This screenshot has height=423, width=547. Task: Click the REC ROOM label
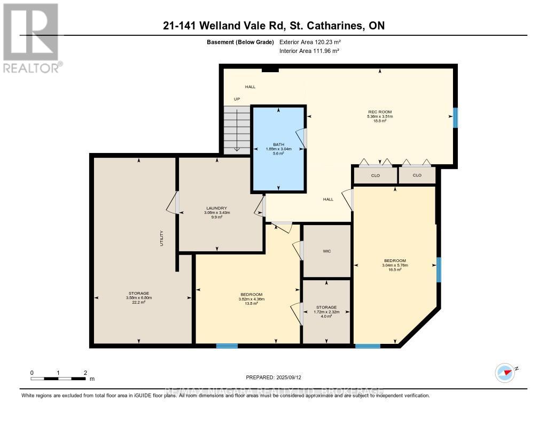379,112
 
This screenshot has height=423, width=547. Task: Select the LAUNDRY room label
217,208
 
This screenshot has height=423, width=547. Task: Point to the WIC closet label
327,251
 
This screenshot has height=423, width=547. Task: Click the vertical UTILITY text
161,239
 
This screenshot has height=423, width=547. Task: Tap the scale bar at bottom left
59,379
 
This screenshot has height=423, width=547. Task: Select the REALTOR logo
32,38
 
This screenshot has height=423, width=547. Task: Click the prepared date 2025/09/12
277,377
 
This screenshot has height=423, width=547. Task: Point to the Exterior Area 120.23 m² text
310,42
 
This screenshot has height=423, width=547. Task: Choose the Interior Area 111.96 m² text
309,51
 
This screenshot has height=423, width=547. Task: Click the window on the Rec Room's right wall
455,118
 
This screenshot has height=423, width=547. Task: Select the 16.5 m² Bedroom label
395,265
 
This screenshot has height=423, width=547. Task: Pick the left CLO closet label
375,175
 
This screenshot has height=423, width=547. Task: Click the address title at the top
273,26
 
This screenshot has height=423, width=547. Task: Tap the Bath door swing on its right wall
302,138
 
